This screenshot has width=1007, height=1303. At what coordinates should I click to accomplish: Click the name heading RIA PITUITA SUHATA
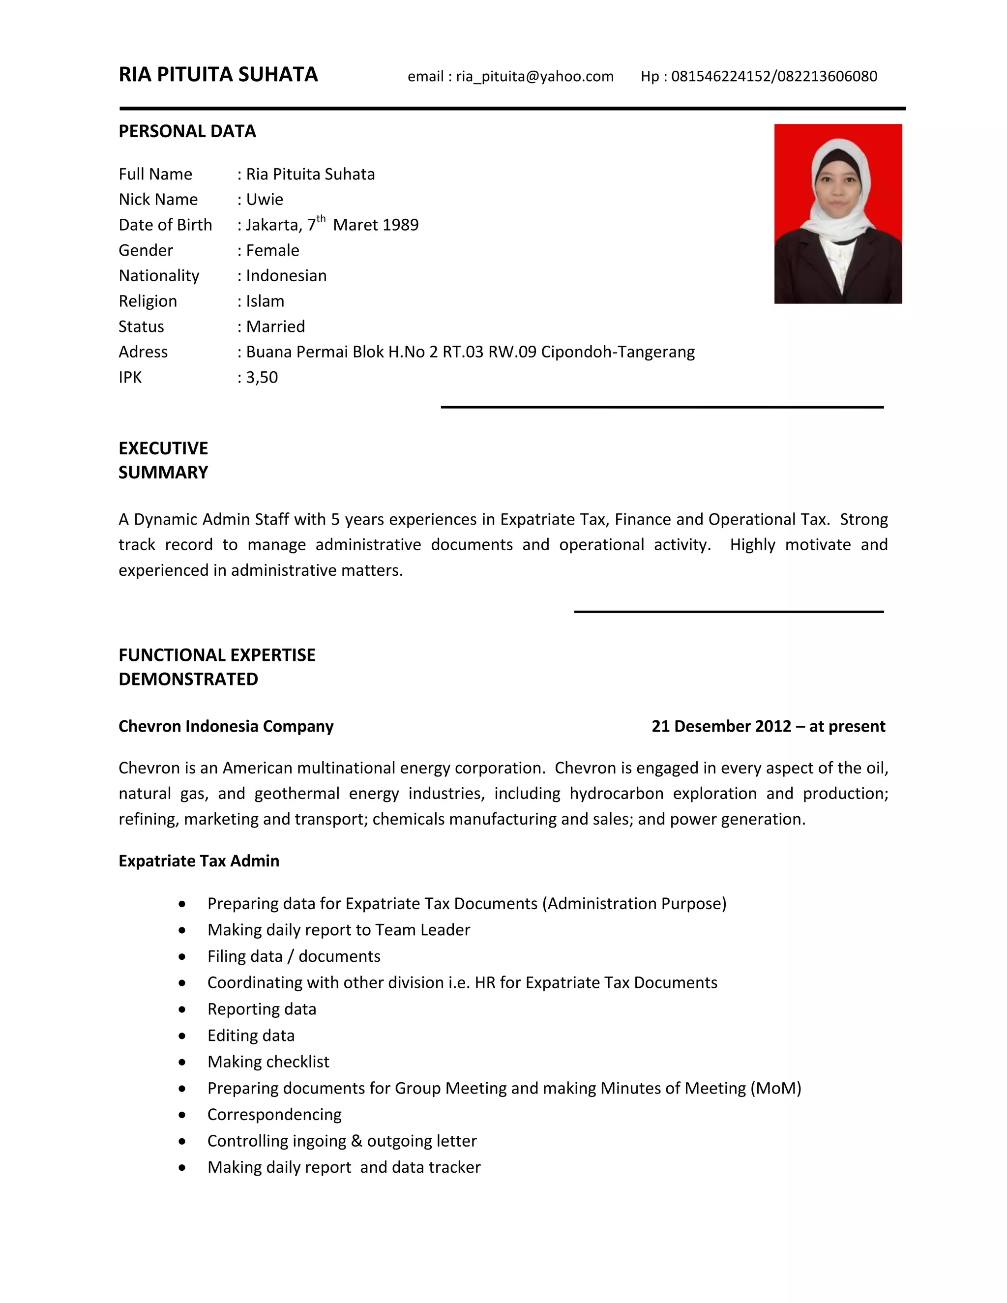pos(218,75)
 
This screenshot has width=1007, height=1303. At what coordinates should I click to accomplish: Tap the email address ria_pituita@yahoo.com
pos(534,76)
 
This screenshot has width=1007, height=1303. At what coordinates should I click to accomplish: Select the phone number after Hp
pos(774,76)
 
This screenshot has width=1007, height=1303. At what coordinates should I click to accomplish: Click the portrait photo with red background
pos(837,213)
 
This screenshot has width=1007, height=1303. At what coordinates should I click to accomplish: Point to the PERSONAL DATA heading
pos(187,131)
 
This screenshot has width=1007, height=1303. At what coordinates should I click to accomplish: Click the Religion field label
pos(148,301)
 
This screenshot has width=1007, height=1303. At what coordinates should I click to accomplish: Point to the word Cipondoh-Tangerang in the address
pos(618,352)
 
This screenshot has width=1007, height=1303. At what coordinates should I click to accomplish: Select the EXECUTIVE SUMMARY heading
pos(163,461)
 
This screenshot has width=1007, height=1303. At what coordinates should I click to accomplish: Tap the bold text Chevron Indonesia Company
pos(226,726)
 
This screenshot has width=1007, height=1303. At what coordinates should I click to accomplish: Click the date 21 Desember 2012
pos(721,726)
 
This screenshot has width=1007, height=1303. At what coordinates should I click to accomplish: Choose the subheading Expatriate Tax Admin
pos(199,861)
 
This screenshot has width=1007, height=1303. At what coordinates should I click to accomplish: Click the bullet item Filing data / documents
pos(294,956)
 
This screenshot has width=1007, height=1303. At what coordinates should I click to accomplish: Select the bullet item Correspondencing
pos(274,1115)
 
